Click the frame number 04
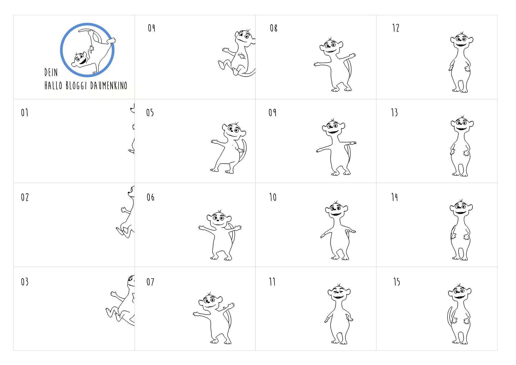click(152, 28)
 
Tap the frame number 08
click(274, 28)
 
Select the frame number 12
click(396, 28)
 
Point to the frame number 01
click(24, 112)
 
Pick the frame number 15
click(397, 282)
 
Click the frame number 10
click(273, 197)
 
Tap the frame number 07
click(150, 282)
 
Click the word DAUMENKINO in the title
click(109, 86)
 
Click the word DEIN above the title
click(51, 72)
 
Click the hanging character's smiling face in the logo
click(80, 59)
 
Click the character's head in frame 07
click(210, 301)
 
